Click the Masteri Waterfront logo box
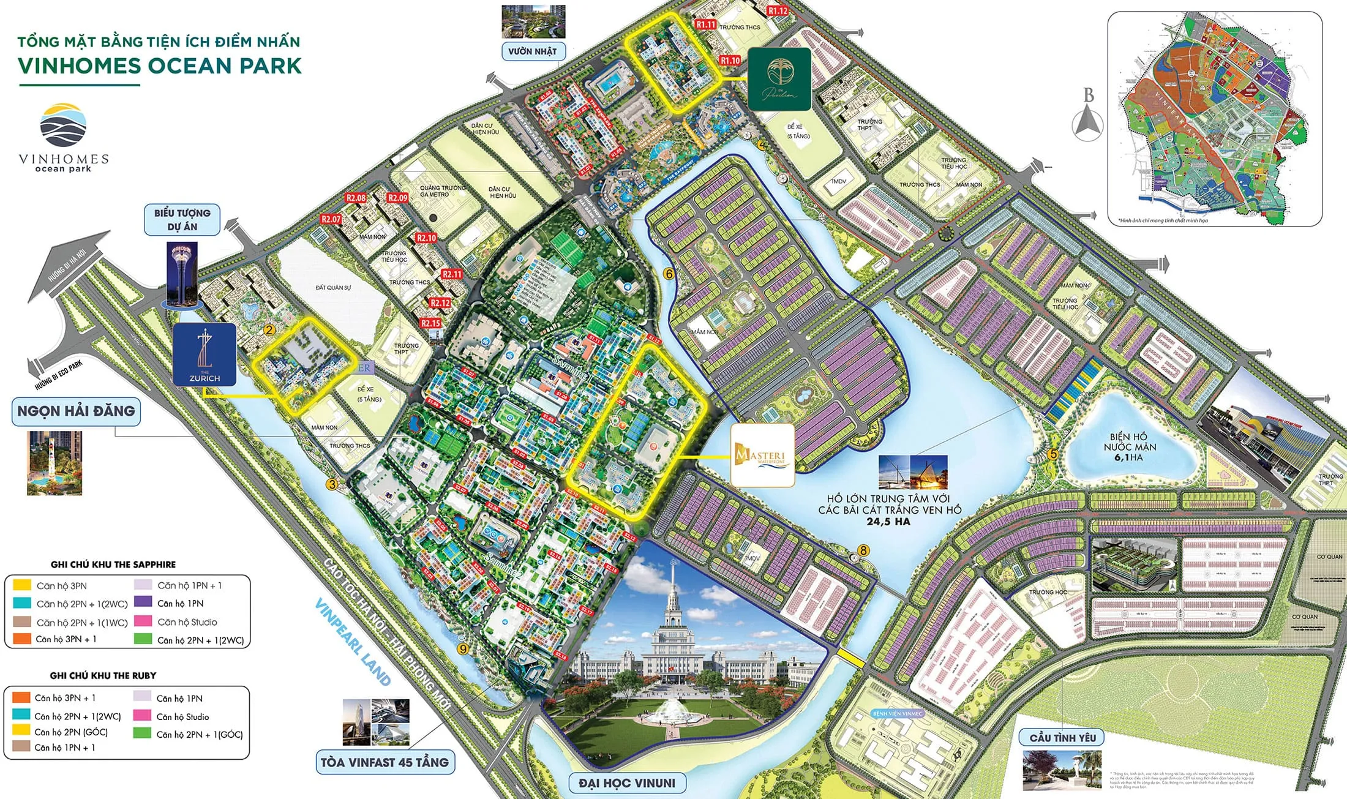[x=763, y=456]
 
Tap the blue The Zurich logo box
[x=204, y=355]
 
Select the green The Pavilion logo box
[x=779, y=80]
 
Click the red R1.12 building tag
[x=778, y=10]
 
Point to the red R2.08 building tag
[x=356, y=198]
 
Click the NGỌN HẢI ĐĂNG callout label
[x=76, y=411]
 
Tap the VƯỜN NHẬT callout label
[x=532, y=51]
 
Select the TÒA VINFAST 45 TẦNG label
[x=385, y=762]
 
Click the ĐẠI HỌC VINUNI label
[x=627, y=782]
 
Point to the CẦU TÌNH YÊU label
[x=1062, y=738]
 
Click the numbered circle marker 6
[x=669, y=274]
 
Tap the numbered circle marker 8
[x=863, y=550]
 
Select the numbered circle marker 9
[x=463, y=649]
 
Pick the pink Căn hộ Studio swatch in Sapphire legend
[x=143, y=621]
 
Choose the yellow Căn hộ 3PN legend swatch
[x=22, y=585]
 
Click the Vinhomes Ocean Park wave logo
[x=63, y=126]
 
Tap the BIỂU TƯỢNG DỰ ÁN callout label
[x=182, y=220]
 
